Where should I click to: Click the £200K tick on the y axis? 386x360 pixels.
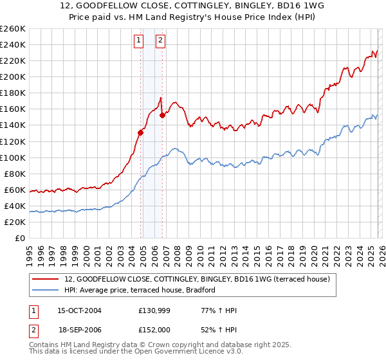[12, 76]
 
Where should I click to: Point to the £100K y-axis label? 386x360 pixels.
[12, 157]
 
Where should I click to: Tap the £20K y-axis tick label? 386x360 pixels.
[14, 222]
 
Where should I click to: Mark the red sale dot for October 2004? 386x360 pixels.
[140, 132]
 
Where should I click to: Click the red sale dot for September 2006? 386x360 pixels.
[162, 116]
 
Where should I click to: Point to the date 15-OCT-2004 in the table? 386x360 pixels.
[79, 310]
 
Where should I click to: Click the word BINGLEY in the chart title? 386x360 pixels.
[250, 5]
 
